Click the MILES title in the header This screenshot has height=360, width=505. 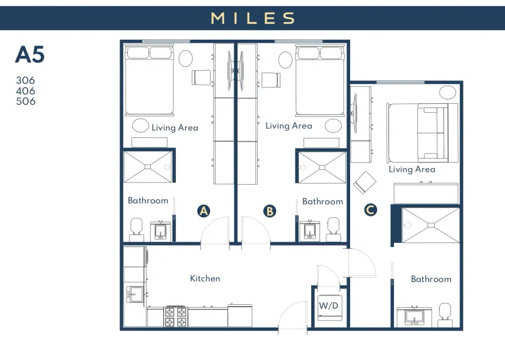pos(252,18)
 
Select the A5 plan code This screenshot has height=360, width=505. pos(30,55)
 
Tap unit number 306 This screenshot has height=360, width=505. pos(26,80)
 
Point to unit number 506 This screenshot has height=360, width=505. pos(26,101)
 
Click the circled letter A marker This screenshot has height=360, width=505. pos(204,211)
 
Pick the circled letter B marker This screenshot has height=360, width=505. pos(270,211)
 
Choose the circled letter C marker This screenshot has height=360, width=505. pos(370,209)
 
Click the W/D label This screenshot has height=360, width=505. pos(328,305)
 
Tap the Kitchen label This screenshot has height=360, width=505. pos(205,278)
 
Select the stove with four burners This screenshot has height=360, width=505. pos(176,316)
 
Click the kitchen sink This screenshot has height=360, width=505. pos(135,295)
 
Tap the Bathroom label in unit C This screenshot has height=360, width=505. pos(431,279)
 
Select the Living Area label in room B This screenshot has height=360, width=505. pos(288,126)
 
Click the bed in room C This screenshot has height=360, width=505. pos(417,131)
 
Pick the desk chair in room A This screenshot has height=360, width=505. pos(201,77)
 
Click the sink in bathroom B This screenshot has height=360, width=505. pos(310,230)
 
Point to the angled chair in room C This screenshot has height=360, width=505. pos(364,182)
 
